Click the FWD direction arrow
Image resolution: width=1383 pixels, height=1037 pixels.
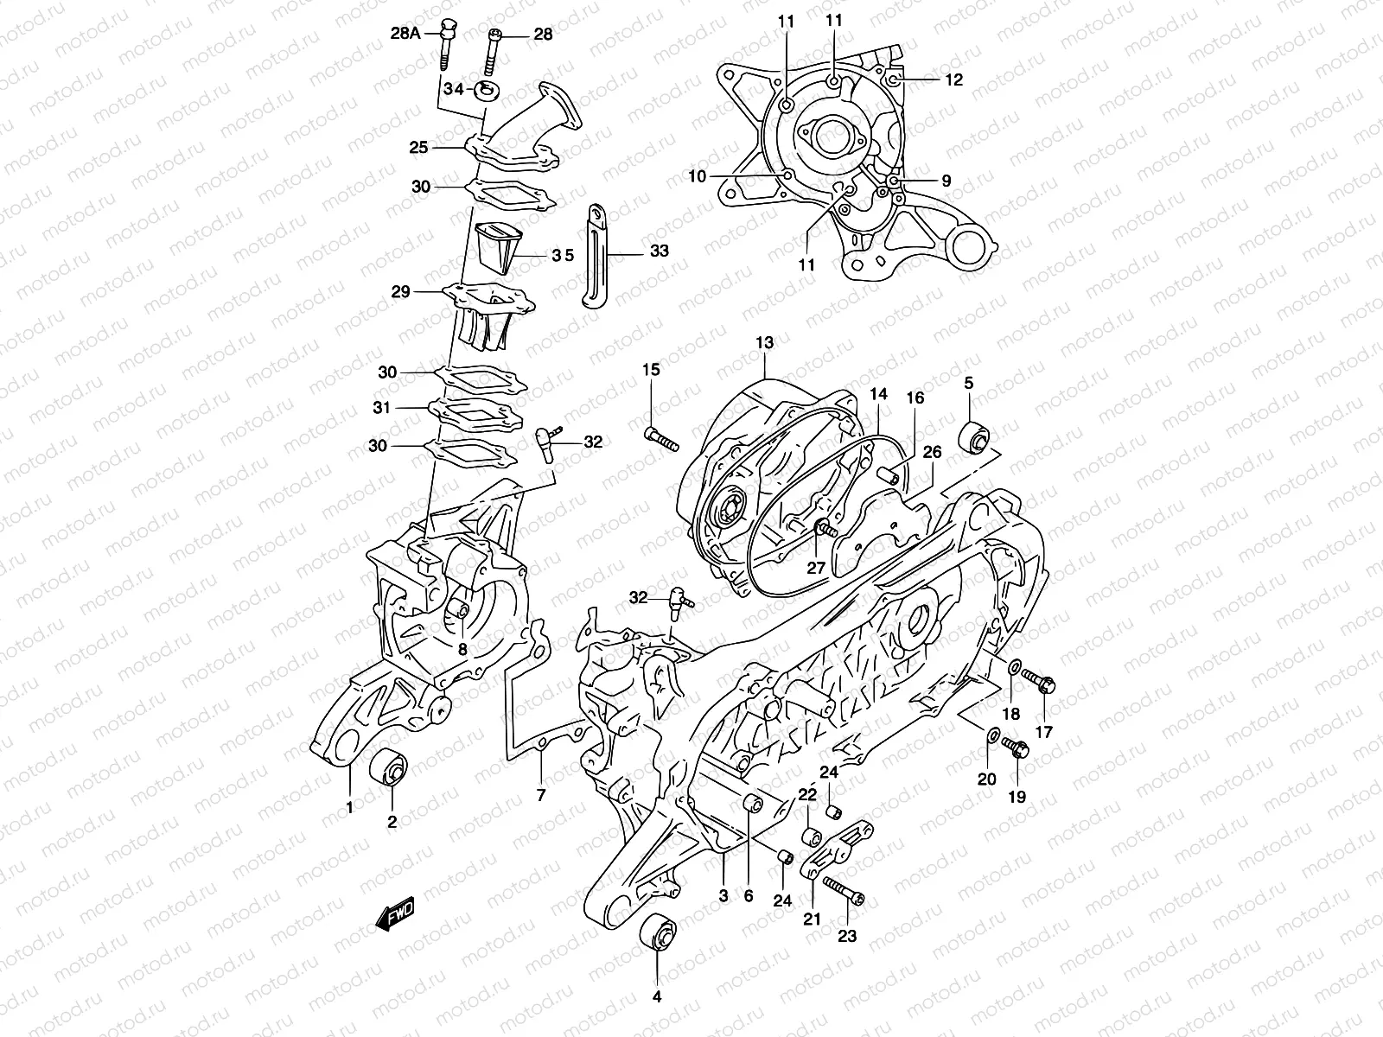(x=396, y=914)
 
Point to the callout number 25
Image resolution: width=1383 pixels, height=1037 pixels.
(x=419, y=148)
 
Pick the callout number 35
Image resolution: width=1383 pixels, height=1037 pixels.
(x=564, y=255)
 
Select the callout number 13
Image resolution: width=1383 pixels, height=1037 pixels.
(x=764, y=343)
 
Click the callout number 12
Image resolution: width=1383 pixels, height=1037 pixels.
(x=953, y=80)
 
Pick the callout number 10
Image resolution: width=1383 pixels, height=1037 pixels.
(x=698, y=176)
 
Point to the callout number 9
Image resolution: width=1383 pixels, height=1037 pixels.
(x=946, y=181)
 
